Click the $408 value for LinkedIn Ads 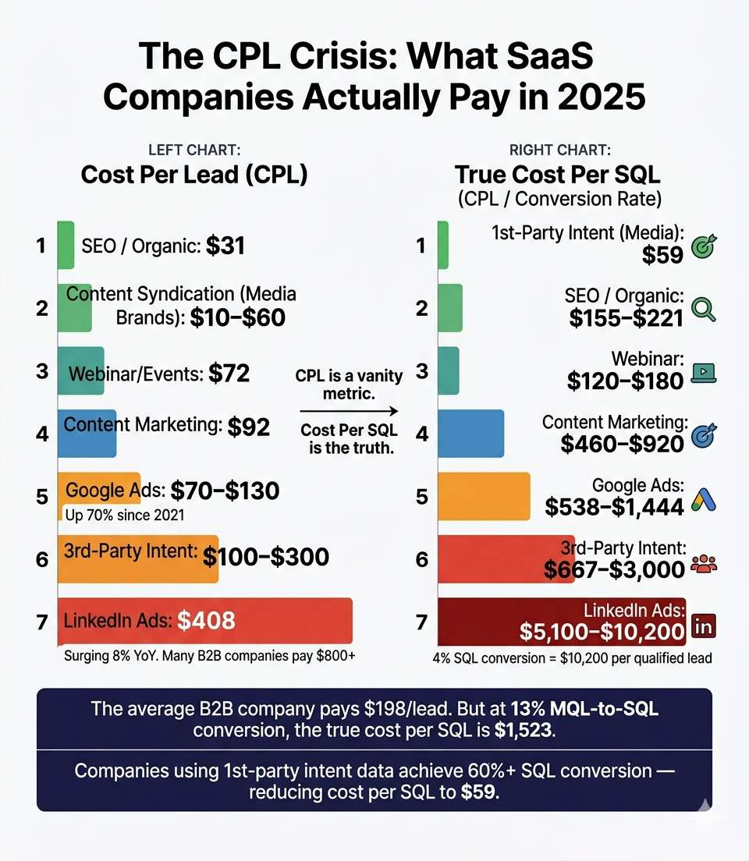tap(206, 621)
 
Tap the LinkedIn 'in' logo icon tap(704, 625)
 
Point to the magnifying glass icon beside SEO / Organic tap(704, 310)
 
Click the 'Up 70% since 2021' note tap(123, 515)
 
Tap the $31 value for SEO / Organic tap(225, 246)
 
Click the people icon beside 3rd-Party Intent tap(704, 562)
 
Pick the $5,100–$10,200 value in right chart tap(602, 631)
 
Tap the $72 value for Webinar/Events tap(229, 374)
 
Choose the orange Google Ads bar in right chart tap(484, 496)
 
